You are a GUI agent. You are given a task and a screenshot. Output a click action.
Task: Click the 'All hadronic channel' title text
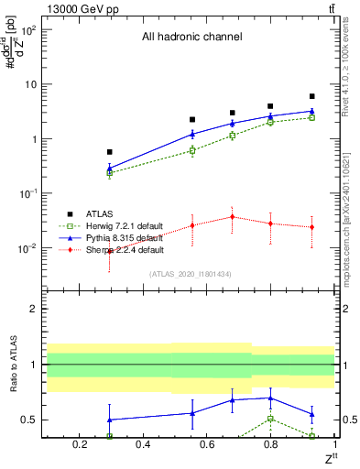(191, 38)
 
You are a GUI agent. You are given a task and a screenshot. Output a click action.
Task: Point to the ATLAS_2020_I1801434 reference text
(191, 274)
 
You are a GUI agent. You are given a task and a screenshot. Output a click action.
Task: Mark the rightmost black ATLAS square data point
(312, 96)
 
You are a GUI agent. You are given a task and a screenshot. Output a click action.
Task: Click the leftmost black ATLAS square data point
(110, 152)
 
